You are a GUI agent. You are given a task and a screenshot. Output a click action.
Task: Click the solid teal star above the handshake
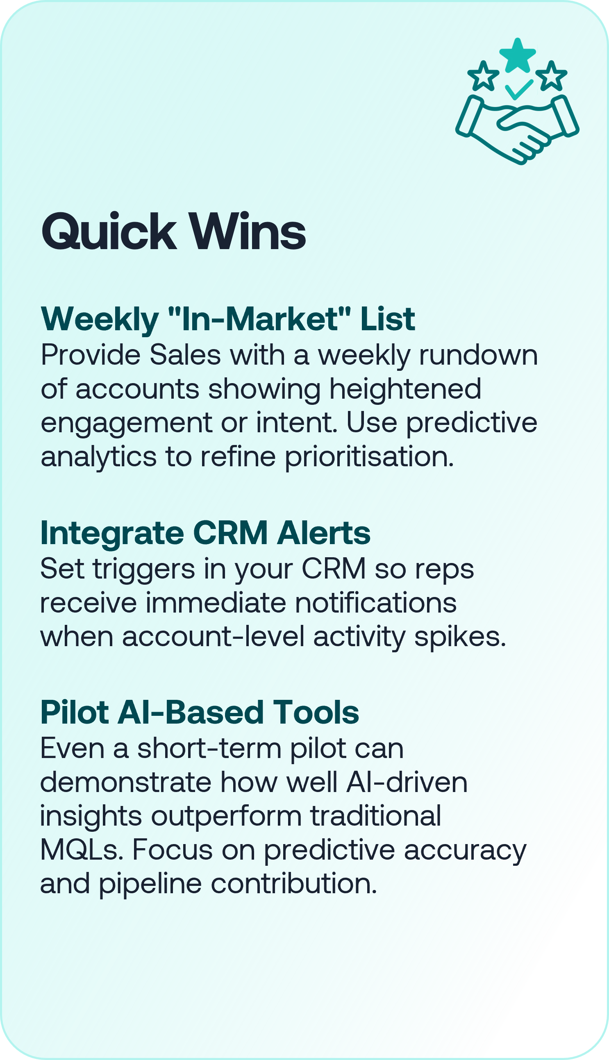(x=517, y=55)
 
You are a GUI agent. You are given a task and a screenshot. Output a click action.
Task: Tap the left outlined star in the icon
(x=483, y=76)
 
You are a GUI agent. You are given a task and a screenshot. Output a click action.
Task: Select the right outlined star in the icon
(x=551, y=76)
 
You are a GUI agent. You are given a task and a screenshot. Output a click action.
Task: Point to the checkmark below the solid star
(x=519, y=89)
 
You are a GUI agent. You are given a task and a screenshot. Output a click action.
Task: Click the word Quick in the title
(x=109, y=232)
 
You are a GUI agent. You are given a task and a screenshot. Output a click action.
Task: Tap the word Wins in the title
(x=248, y=232)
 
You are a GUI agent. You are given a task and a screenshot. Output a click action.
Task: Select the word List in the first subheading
(x=387, y=319)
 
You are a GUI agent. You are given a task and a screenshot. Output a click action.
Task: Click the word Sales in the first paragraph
(x=185, y=355)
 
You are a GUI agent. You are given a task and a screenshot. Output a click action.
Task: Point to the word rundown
(x=479, y=355)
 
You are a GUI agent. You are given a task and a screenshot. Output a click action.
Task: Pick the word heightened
(x=405, y=389)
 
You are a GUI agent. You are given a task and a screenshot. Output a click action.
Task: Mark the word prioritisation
(x=369, y=456)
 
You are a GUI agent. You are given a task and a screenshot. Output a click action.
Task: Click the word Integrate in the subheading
(x=112, y=534)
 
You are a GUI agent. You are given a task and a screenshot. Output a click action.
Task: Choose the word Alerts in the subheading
(x=324, y=533)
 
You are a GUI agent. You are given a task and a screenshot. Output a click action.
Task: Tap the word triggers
(x=144, y=570)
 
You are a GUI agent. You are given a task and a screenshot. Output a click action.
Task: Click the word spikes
(x=460, y=638)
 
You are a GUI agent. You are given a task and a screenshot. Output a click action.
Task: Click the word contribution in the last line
(x=293, y=884)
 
